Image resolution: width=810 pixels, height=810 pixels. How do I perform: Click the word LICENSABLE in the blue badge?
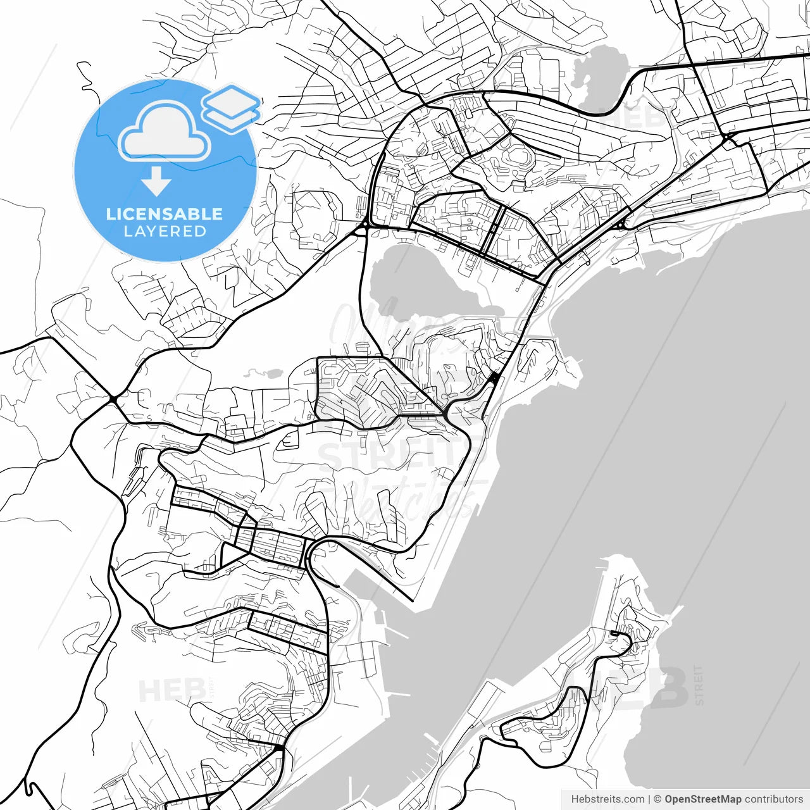click(x=165, y=214)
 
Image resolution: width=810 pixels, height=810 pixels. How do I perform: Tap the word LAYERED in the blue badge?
click(x=165, y=232)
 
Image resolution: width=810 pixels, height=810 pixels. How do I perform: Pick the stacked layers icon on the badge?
click(x=231, y=108)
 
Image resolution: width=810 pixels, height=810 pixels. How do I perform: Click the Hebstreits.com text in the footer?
click(x=607, y=799)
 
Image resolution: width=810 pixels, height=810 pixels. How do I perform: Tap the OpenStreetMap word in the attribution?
click(x=702, y=799)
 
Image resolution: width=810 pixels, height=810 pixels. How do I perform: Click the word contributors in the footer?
click(x=773, y=799)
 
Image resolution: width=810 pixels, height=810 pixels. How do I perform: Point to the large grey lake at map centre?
click(x=424, y=278)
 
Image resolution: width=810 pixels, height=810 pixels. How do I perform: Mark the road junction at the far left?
click(x=113, y=398)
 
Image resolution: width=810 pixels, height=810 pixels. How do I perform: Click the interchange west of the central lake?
click(x=365, y=226)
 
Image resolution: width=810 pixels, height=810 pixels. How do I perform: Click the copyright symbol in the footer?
click(x=657, y=799)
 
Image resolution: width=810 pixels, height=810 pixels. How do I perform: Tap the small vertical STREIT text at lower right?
click(x=699, y=685)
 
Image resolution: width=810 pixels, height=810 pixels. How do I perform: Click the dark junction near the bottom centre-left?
click(x=278, y=749)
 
